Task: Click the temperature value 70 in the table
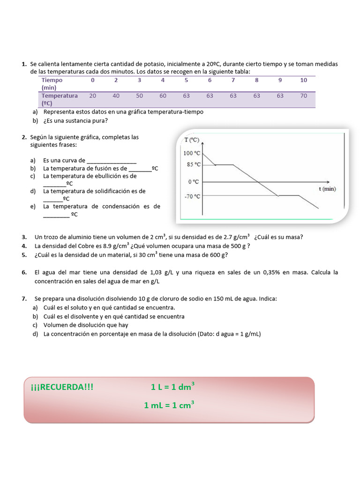[x=304, y=96]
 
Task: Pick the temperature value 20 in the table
[x=92, y=96]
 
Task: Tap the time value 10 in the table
[x=304, y=80]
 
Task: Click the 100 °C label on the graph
[x=192, y=153]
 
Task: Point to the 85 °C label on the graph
[x=193, y=165]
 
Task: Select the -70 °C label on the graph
[x=192, y=196]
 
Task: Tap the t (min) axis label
[x=327, y=189]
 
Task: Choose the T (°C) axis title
[x=191, y=140]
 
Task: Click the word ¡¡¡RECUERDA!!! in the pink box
[x=62, y=387]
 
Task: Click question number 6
[x=24, y=272]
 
